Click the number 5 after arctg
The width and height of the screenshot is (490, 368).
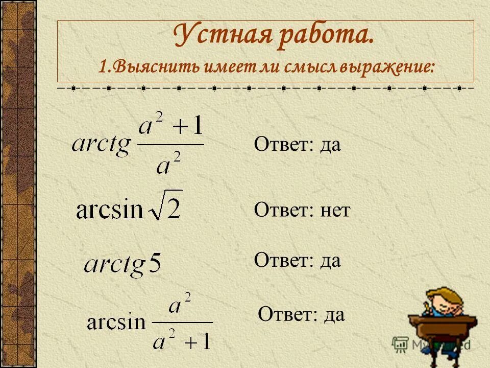tap(154, 264)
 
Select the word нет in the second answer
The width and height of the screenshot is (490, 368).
tap(335, 210)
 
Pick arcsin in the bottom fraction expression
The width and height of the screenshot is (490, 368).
tap(116, 323)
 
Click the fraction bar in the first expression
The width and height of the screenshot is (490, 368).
tap(171, 145)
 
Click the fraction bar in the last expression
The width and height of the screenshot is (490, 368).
tap(182, 322)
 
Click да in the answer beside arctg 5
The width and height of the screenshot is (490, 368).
tap(331, 261)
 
